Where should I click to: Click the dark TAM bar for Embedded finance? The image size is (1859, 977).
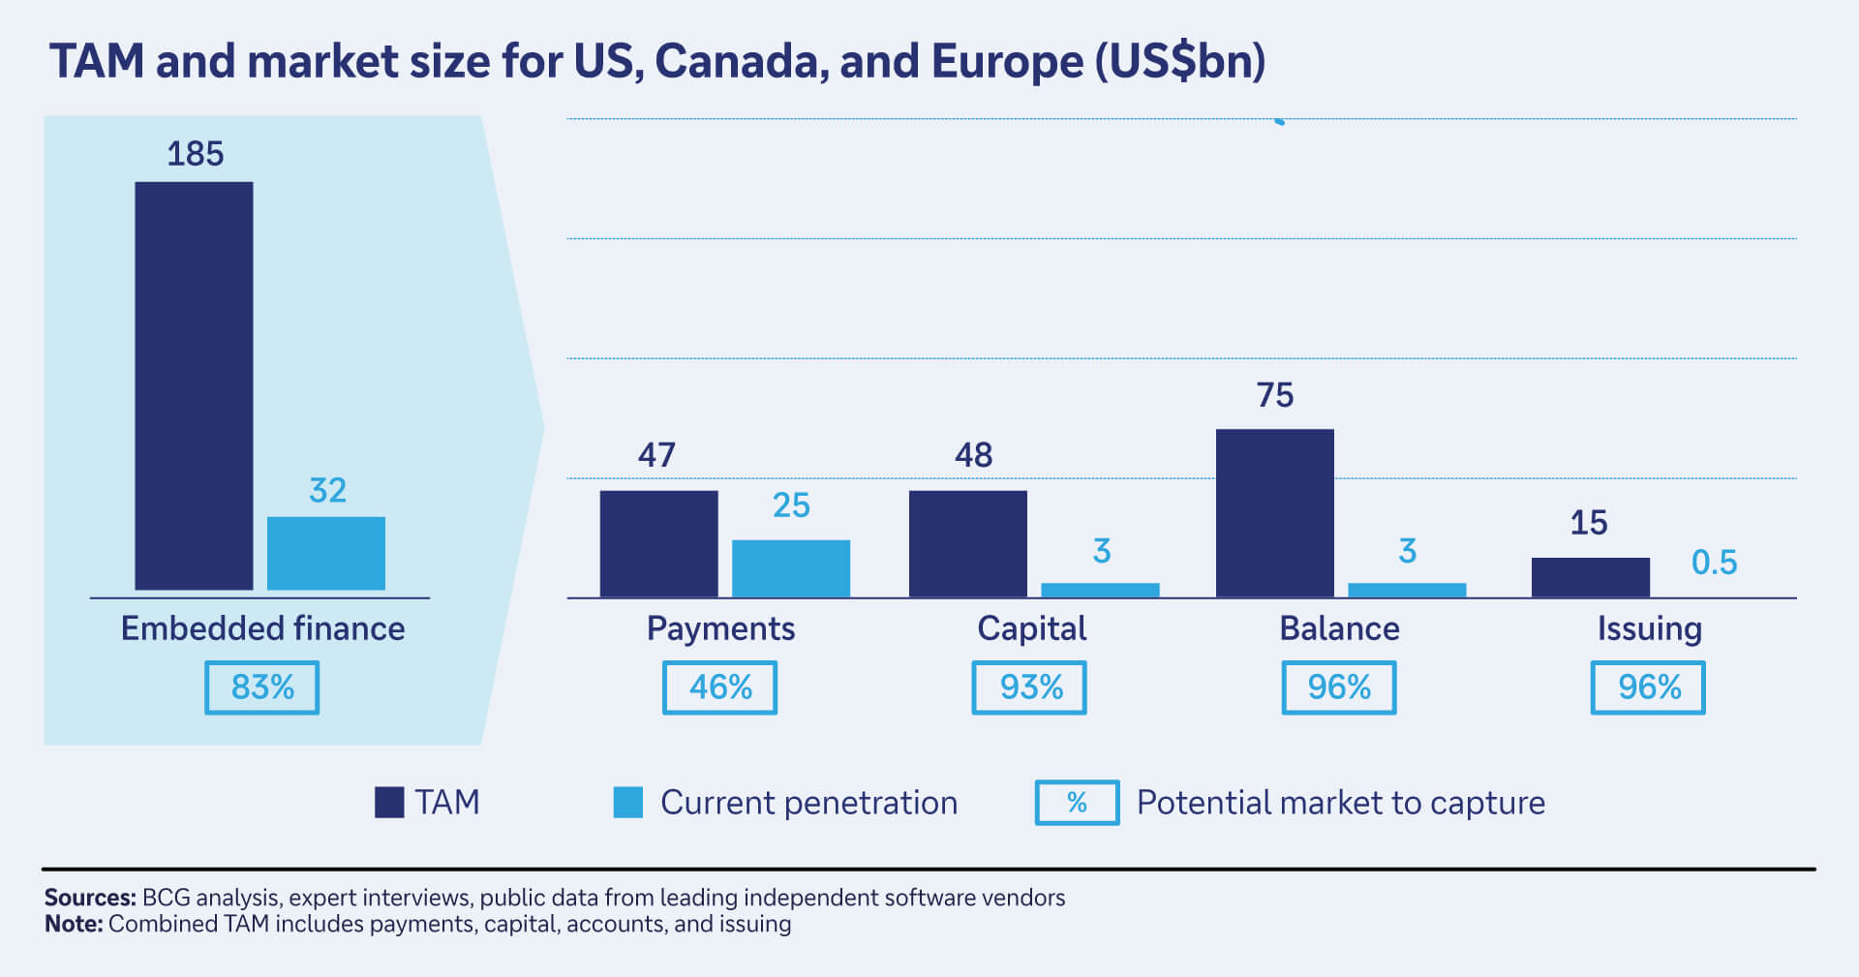(194, 385)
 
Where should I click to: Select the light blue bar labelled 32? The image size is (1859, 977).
(326, 553)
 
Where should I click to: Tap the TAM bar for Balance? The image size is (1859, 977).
(1274, 512)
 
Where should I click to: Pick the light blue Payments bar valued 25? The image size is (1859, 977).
(790, 568)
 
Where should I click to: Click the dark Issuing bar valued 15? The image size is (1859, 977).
(1590, 577)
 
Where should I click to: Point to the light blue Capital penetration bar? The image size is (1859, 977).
(1100, 590)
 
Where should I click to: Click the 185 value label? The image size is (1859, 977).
(195, 154)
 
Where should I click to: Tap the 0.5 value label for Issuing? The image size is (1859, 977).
(1713, 563)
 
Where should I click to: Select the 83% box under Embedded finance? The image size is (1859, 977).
(261, 687)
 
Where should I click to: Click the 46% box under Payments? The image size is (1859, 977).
(719, 687)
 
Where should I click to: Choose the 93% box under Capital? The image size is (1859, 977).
(1029, 687)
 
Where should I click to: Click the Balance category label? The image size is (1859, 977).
(1339, 629)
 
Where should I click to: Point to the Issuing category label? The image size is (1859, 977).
(1649, 629)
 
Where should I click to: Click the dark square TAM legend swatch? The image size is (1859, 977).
(389, 803)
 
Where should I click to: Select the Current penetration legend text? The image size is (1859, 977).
(808, 803)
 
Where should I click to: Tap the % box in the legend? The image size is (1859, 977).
(1077, 803)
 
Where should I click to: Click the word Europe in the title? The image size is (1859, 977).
(1007, 61)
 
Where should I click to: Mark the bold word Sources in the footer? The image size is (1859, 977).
(89, 898)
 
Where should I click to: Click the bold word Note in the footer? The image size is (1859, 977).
(73, 924)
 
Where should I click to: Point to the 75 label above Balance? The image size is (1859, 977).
(1274, 395)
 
